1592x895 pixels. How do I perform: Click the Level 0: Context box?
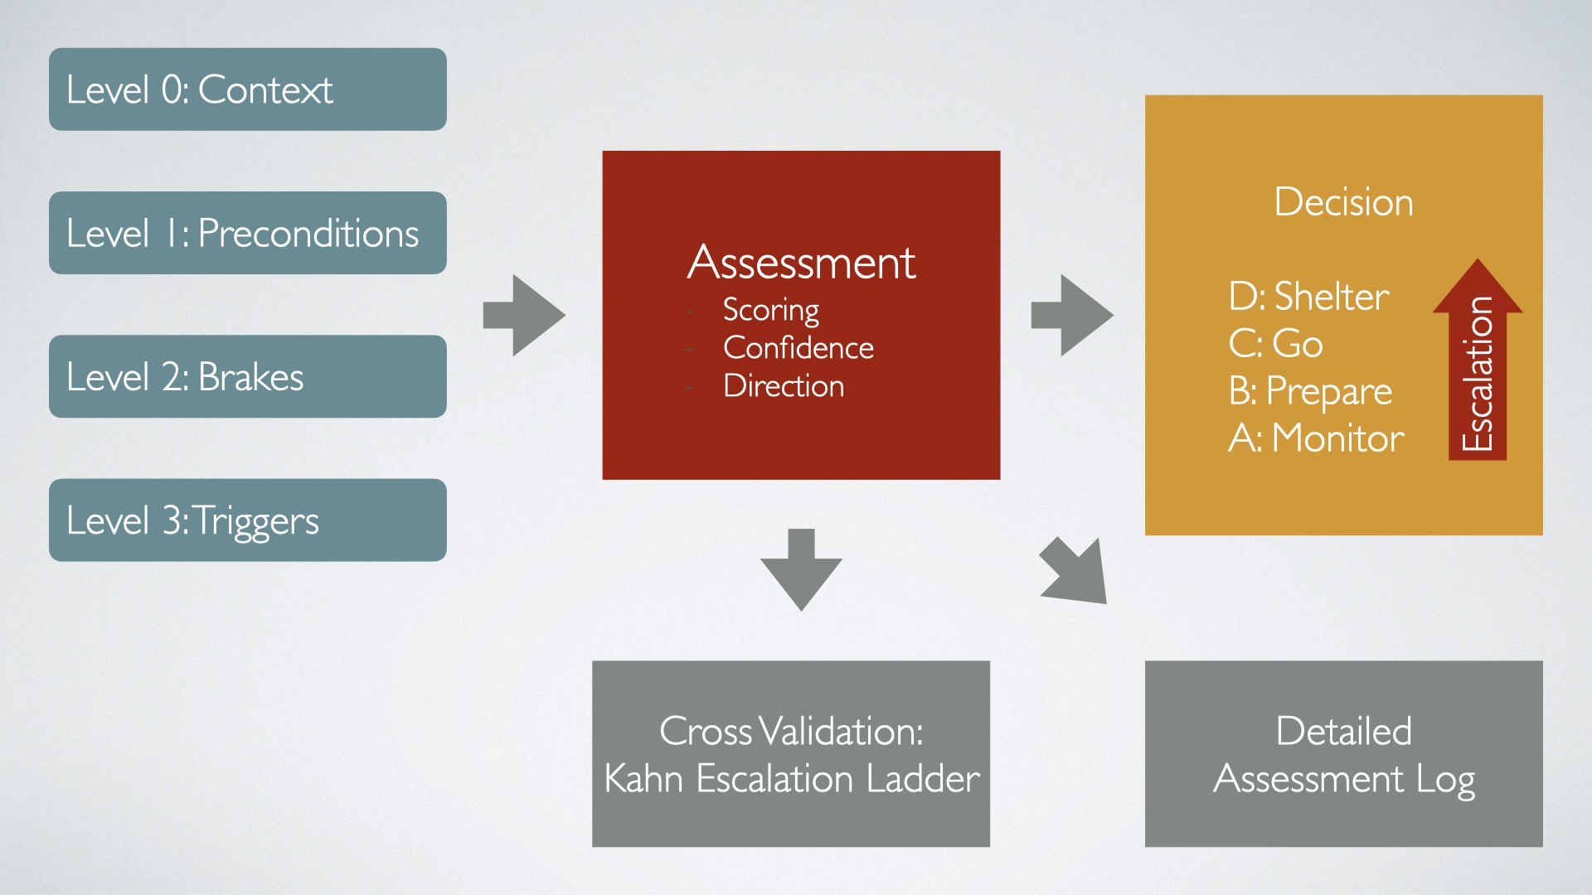[x=247, y=89]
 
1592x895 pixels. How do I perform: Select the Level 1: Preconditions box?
[x=247, y=233]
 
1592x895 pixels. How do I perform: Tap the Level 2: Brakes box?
[x=247, y=376]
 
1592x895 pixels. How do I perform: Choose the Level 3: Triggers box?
[x=247, y=520]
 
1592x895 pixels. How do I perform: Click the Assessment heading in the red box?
[x=801, y=263]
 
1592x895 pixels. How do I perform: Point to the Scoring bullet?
[x=770, y=310]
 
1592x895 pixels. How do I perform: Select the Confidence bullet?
[x=798, y=348]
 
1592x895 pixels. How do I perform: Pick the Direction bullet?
[x=784, y=386]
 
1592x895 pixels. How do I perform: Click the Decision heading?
[x=1343, y=202]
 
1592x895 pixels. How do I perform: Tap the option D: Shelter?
[x=1308, y=297]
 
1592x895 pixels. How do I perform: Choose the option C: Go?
[x=1275, y=343]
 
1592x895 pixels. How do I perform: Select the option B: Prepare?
[x=1310, y=391]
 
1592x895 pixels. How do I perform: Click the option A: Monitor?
[x=1316, y=438]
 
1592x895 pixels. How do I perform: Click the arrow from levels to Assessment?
[x=524, y=316]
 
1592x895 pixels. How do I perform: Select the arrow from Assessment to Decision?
[x=1072, y=316]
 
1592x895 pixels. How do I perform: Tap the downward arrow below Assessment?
[x=801, y=570]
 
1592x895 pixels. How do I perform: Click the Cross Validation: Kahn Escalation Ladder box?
[x=791, y=754]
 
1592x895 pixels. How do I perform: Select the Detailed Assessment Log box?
[x=1343, y=754]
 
